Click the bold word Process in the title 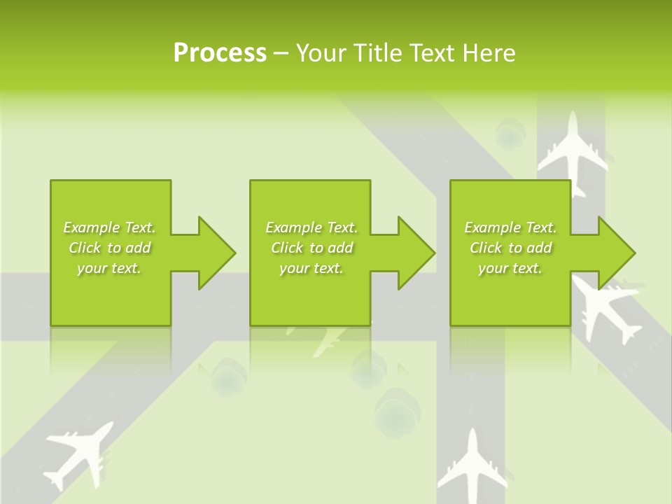pos(220,53)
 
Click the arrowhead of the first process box pos(214,252)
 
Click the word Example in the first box pos(91,227)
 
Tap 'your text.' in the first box pos(109,268)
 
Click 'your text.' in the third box pos(510,268)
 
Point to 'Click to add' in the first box pos(110,248)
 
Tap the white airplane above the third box pos(572,150)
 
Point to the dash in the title pos(281,53)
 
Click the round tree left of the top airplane pos(509,133)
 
